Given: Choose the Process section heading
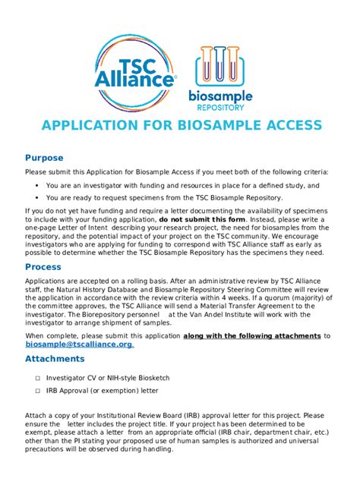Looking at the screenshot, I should pos(43,267).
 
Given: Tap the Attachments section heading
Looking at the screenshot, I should pos(55,358).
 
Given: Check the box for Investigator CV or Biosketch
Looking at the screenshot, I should pos(36,376).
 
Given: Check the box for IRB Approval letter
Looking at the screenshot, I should pos(36,390).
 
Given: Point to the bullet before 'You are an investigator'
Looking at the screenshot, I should pos(36,185).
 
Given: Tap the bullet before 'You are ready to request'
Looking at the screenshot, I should pos(36,197).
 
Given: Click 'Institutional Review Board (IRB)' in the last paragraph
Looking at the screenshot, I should pos(139,416).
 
